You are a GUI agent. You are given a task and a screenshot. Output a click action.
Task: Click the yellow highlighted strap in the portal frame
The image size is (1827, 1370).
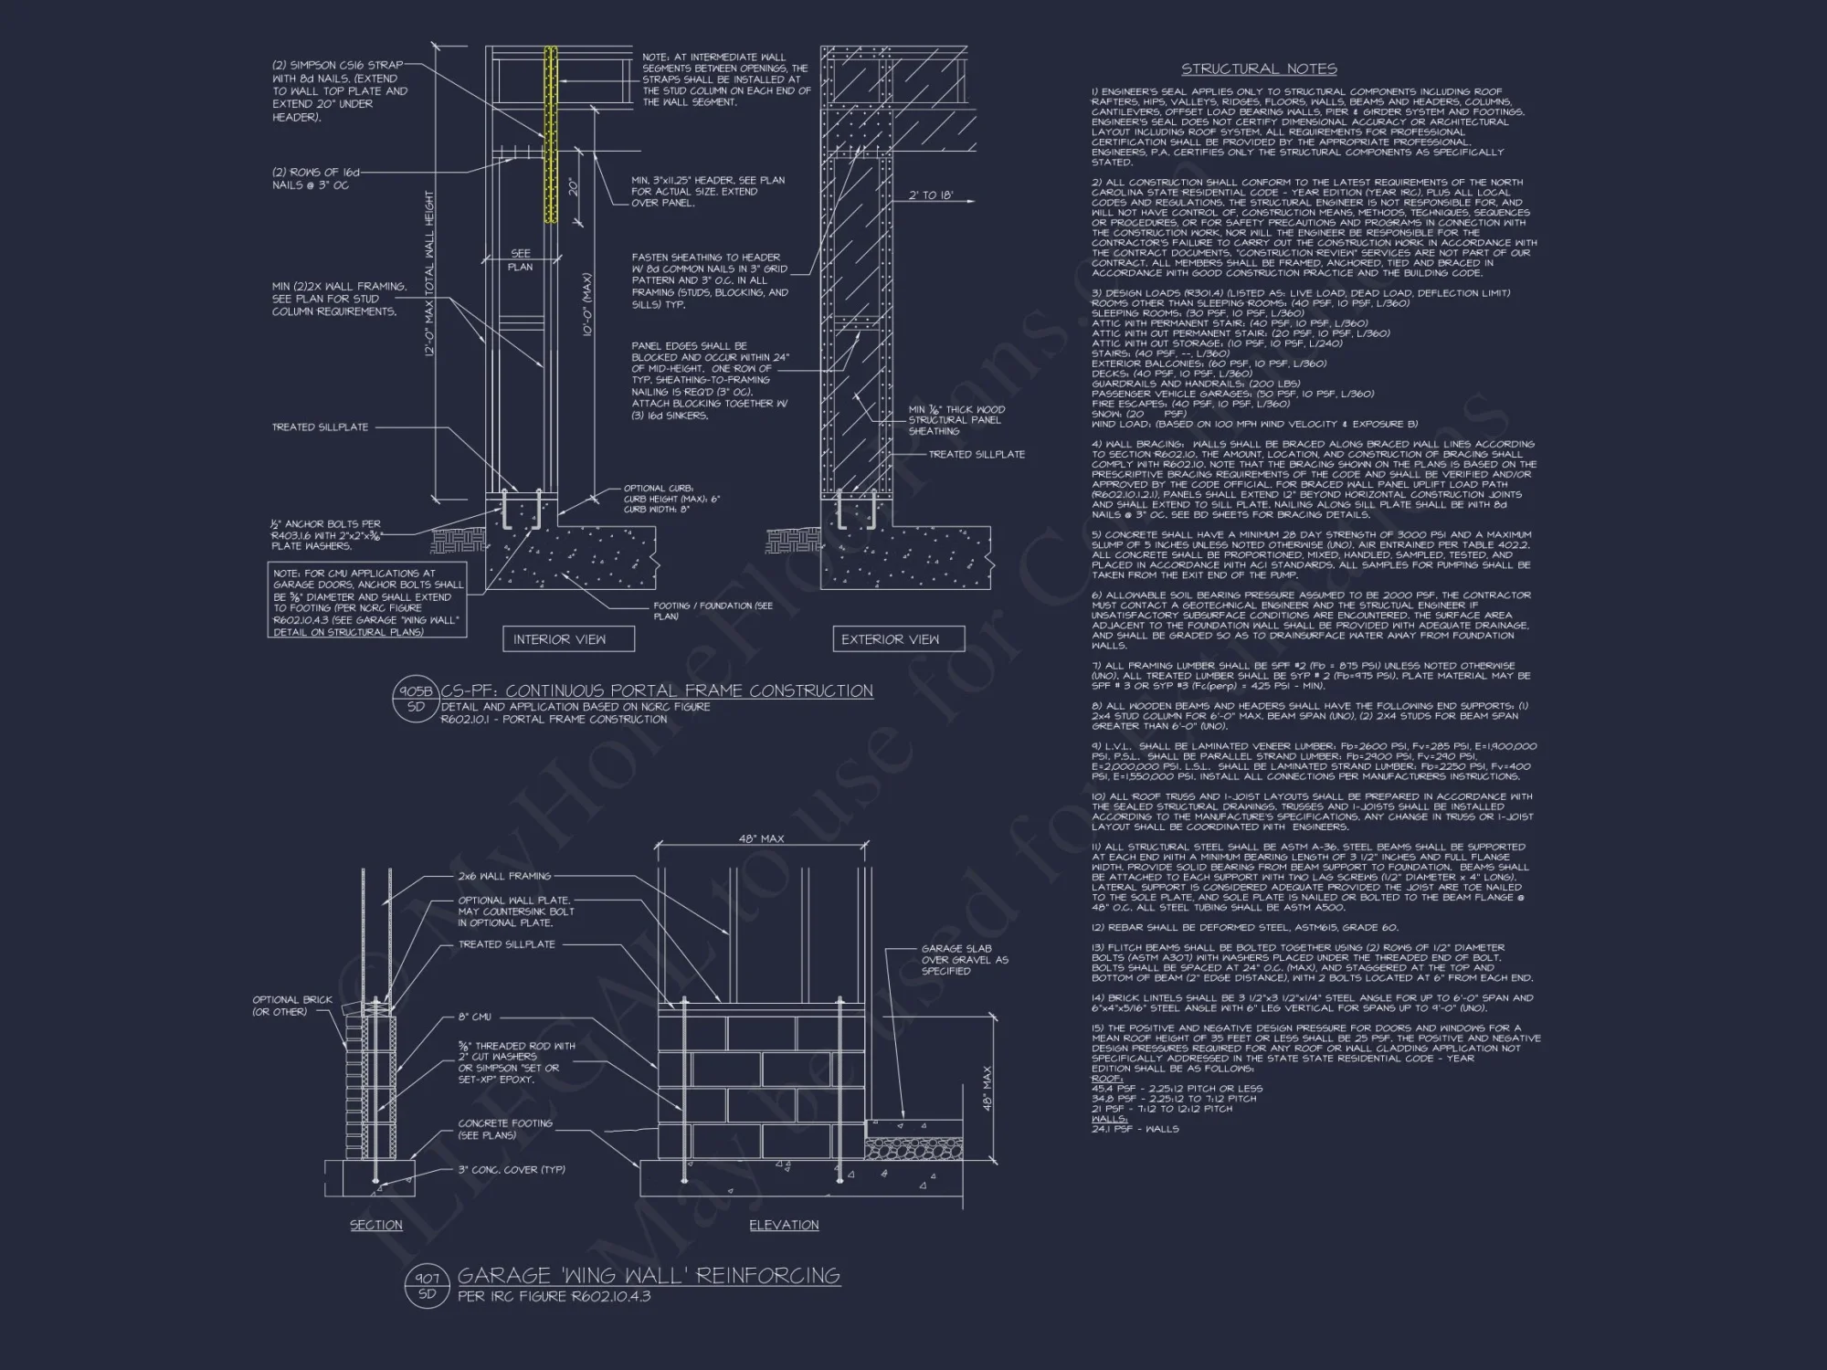[x=551, y=137]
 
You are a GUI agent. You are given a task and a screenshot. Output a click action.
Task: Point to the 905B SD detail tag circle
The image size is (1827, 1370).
[x=416, y=699]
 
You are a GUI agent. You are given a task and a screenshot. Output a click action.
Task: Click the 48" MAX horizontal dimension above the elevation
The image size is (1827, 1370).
[x=761, y=838]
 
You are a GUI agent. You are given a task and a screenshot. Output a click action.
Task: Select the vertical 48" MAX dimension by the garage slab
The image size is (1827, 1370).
[x=987, y=1090]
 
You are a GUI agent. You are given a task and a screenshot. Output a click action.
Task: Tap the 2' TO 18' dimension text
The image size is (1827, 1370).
[x=931, y=195]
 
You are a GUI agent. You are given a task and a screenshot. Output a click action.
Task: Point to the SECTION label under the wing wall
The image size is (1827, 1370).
[x=376, y=1225]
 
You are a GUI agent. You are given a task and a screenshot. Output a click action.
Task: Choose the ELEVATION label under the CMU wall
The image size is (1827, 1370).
[x=784, y=1225]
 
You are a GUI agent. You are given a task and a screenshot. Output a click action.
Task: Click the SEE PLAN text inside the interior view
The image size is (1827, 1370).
[x=521, y=259]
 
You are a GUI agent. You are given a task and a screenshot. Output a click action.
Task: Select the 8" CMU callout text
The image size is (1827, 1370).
[x=475, y=1017]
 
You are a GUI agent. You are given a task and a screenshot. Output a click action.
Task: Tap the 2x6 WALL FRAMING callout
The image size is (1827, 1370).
[x=504, y=876]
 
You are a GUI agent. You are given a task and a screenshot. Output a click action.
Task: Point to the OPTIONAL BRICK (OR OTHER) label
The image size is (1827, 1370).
[x=292, y=1006]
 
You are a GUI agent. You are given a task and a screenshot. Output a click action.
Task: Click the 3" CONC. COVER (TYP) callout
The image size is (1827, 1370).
[x=512, y=1169]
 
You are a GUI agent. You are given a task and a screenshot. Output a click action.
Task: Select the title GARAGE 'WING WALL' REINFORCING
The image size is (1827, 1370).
[x=649, y=1275]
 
